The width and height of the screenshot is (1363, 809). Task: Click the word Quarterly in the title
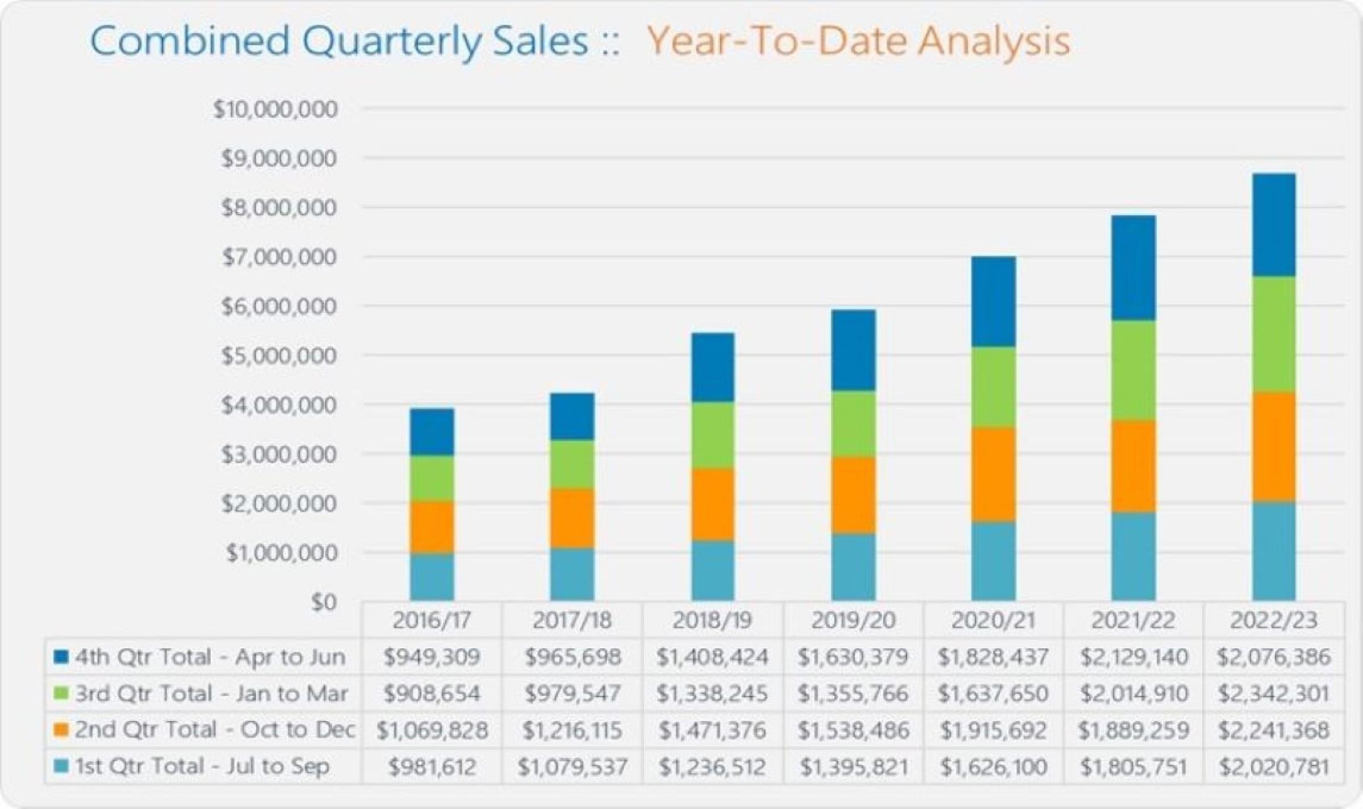(392, 41)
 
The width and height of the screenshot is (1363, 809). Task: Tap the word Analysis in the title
(994, 41)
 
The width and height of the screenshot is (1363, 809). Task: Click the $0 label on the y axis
(324, 602)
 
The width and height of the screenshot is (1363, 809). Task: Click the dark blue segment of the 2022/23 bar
(1274, 225)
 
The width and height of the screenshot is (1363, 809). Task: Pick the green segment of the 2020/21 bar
(993, 387)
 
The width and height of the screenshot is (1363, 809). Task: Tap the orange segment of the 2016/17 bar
(432, 527)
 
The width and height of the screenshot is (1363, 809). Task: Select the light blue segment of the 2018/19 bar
(713, 571)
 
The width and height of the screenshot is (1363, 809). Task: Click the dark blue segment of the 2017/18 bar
(572, 416)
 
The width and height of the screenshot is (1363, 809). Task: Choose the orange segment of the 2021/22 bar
(1134, 466)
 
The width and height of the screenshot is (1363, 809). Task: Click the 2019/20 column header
(853, 621)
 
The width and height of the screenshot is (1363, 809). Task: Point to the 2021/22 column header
(1133, 621)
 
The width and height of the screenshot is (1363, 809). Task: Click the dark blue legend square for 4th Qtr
(61, 657)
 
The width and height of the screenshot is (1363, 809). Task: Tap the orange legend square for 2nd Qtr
(61, 730)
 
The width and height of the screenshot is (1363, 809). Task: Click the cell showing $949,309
(432, 657)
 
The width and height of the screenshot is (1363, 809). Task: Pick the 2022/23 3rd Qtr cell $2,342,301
(1274, 694)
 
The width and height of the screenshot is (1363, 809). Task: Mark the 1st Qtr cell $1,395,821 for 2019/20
(853, 767)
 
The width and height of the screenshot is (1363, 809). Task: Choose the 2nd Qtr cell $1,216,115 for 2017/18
(572, 731)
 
